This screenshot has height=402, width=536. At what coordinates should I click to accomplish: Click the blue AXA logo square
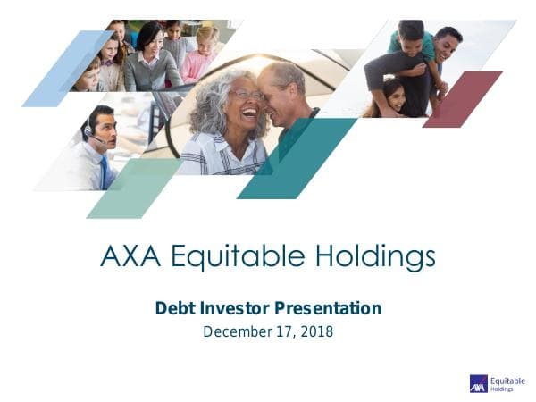click(x=478, y=383)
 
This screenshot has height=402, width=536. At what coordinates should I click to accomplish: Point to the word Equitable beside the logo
click(x=507, y=380)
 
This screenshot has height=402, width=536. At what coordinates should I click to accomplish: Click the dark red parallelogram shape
click(x=463, y=98)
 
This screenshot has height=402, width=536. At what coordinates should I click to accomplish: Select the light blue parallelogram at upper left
click(x=68, y=68)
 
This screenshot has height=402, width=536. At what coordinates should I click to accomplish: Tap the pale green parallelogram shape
click(x=134, y=188)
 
